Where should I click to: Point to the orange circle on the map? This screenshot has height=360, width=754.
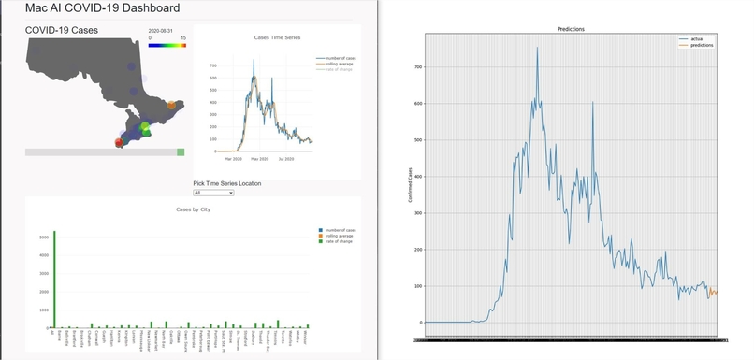[x=170, y=106]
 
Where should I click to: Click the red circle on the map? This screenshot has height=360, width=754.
[x=119, y=142]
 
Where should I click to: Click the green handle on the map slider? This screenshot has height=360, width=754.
[x=181, y=151]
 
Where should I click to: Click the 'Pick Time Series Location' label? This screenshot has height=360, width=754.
[x=227, y=183]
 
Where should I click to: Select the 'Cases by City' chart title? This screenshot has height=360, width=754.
[x=193, y=209]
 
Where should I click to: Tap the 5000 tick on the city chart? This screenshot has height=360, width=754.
[x=42, y=238]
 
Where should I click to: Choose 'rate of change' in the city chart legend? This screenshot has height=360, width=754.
[x=339, y=243]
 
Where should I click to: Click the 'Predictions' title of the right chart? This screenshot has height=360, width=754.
[x=571, y=29]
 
